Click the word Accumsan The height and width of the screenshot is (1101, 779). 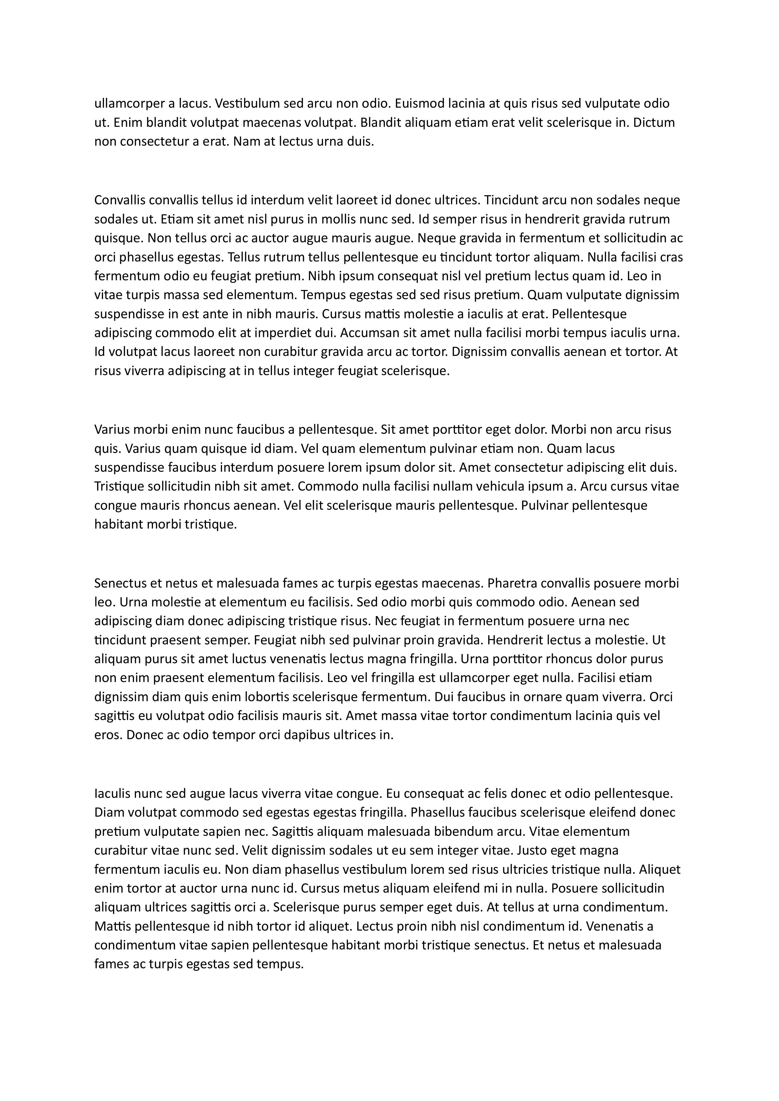coord(370,333)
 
